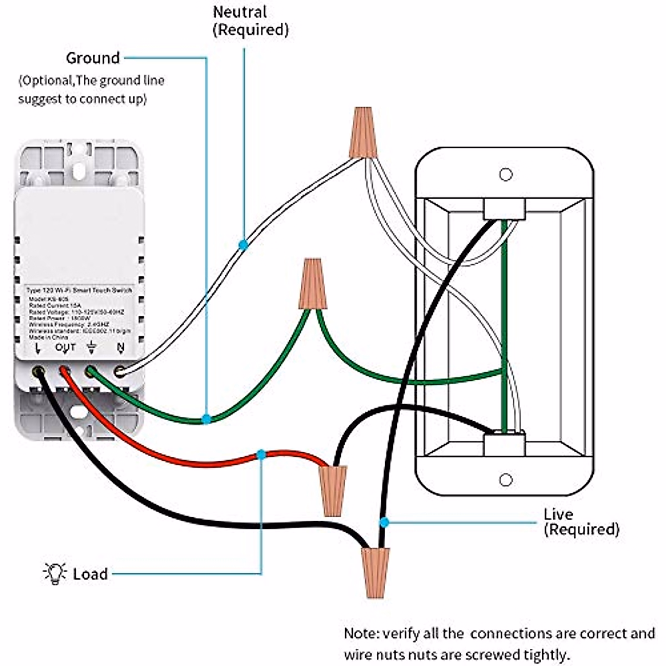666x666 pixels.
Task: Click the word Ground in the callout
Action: pyautogui.click(x=93, y=58)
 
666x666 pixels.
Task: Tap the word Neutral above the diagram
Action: pyautogui.click(x=240, y=12)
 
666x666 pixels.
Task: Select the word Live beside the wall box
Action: pyautogui.click(x=558, y=514)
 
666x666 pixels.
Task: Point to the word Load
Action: pyautogui.click(x=90, y=574)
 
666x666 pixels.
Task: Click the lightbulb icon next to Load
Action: pyautogui.click(x=54, y=573)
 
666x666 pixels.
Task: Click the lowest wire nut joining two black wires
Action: pyautogui.click(x=375, y=572)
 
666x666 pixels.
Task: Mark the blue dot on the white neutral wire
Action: pyautogui.click(x=243, y=244)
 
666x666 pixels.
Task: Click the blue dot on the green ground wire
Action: pyautogui.click(x=206, y=419)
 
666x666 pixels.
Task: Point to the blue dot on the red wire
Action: pyautogui.click(x=261, y=455)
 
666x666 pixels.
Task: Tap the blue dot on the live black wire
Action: pyautogui.click(x=384, y=522)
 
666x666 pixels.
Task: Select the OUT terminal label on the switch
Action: pyautogui.click(x=65, y=348)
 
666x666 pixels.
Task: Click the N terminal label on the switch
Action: pyautogui.click(x=120, y=348)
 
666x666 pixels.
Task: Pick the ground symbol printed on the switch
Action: pyautogui.click(x=92, y=348)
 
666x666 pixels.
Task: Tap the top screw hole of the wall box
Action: pyautogui.click(x=506, y=175)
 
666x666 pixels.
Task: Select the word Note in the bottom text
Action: pyautogui.click(x=361, y=634)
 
